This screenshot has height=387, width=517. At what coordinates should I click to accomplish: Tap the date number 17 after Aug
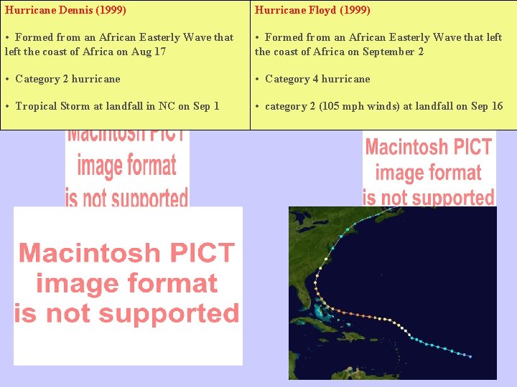[x=159, y=52]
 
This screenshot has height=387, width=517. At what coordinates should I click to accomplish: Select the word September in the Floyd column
[x=390, y=52]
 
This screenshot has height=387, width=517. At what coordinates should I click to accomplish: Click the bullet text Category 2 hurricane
[x=67, y=79]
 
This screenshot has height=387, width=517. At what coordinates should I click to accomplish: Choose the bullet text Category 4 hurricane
[x=317, y=79]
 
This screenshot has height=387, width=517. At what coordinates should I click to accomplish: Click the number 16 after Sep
[x=497, y=106]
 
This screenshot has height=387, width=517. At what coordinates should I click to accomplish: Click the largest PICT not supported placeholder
[x=128, y=285]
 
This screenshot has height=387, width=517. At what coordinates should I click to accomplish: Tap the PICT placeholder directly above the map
[x=429, y=171]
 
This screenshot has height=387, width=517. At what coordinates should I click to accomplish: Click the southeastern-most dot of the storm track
[x=470, y=356]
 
